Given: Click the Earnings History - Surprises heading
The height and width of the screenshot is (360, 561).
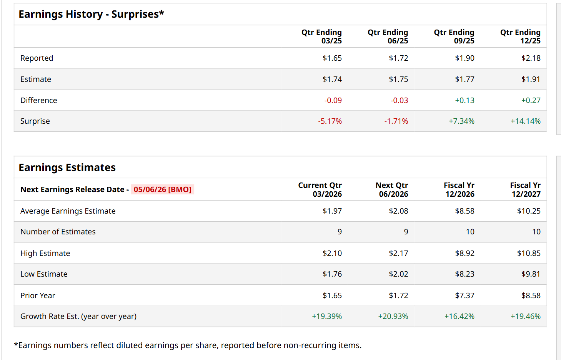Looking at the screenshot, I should [x=91, y=14].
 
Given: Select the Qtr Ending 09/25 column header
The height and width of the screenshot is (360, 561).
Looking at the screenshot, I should [x=454, y=36].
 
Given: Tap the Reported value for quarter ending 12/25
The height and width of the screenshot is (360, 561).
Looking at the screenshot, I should [x=531, y=58].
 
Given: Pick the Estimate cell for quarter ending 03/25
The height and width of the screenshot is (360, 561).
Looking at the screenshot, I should [x=332, y=79].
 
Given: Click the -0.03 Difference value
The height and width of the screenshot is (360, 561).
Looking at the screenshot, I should [x=399, y=100].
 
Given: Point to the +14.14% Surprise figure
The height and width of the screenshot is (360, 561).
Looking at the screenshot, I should [x=525, y=121].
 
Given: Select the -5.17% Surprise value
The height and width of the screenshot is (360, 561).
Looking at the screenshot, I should [x=330, y=121].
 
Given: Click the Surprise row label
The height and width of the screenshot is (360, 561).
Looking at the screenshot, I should [x=35, y=121].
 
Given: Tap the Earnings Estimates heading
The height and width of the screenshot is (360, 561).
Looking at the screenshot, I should [x=67, y=168].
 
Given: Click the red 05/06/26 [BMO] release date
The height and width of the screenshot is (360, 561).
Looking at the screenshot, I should [x=162, y=189].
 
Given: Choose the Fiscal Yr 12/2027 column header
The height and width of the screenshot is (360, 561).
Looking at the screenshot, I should [x=526, y=190].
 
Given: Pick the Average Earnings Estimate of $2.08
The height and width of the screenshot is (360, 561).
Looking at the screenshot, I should [x=398, y=211].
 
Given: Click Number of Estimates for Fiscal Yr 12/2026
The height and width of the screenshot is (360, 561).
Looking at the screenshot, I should [x=470, y=232].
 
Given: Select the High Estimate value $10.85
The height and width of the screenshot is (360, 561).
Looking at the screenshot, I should [x=529, y=253].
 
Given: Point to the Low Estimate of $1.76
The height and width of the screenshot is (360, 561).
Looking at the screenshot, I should [x=332, y=274].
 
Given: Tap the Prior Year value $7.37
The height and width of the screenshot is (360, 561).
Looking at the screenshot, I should [x=464, y=295].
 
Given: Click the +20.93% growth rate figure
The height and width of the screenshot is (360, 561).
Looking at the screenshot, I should [x=393, y=316].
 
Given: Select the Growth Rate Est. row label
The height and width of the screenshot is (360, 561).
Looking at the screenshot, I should [x=78, y=316].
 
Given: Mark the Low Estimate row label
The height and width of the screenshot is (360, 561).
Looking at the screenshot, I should [x=44, y=274].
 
